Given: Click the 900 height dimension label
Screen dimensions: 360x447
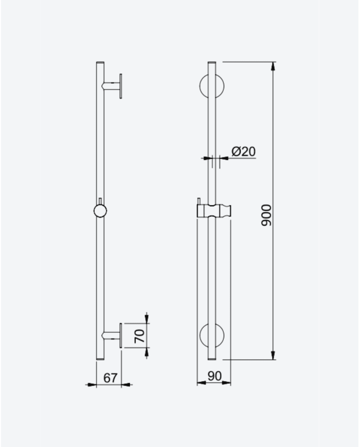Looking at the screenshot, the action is point(266,215).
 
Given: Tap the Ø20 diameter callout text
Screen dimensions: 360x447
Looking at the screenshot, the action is point(244,151).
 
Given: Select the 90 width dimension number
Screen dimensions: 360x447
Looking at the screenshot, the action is point(214,377).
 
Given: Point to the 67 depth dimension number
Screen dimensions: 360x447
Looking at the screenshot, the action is point(110,378).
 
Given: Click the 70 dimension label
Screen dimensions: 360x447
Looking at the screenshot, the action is point(140,336).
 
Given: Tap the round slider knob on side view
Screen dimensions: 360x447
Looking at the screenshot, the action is point(100,211).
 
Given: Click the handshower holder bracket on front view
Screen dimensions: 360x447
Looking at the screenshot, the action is point(214,211).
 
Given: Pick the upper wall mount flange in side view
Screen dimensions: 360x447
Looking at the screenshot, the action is point(121,86).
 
